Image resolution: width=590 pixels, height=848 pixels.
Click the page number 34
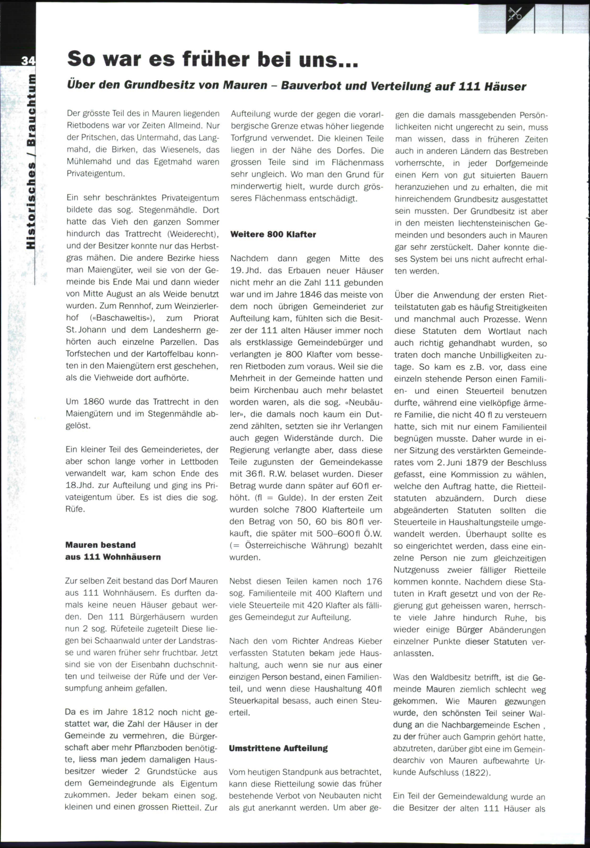coord(28,61)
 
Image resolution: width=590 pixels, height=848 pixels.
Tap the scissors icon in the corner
coord(515,14)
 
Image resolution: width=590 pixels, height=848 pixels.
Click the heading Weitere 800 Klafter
coord(273,235)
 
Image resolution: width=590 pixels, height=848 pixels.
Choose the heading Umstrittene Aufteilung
coord(278,748)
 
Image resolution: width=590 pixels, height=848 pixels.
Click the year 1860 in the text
coord(94,402)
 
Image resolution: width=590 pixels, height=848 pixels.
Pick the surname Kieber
coord(369,641)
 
